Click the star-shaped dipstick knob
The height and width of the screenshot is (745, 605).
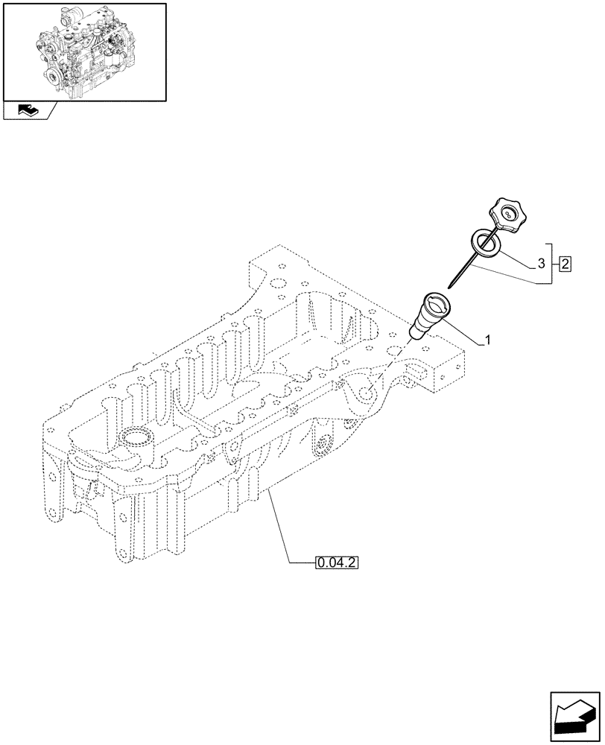point(508,216)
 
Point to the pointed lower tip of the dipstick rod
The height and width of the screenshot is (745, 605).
point(450,285)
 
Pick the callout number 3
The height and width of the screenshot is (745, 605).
point(541,263)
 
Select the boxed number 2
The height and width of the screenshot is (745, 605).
point(565,263)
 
